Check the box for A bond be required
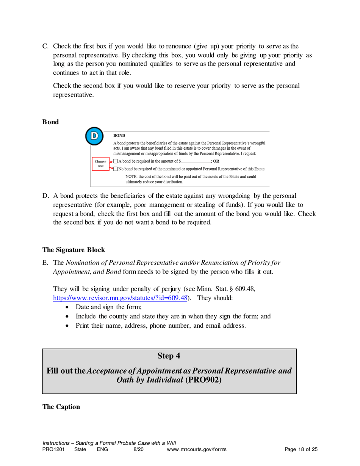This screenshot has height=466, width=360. pos(116,161)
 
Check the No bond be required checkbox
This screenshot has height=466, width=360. pos(116,169)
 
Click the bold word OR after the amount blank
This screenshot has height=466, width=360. pos(216,161)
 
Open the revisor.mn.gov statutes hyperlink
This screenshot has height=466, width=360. pos(121,298)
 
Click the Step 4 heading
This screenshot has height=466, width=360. pos(169,356)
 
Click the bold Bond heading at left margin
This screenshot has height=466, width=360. pos(50,122)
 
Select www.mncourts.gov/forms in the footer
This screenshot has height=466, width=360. pos(197,450)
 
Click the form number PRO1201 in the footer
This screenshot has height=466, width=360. pos(53,450)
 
